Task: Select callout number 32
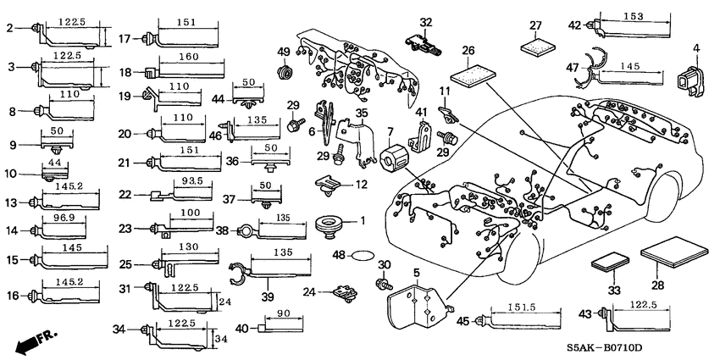click(426, 22)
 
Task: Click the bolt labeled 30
click(382, 283)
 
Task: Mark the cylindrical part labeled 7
click(394, 159)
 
